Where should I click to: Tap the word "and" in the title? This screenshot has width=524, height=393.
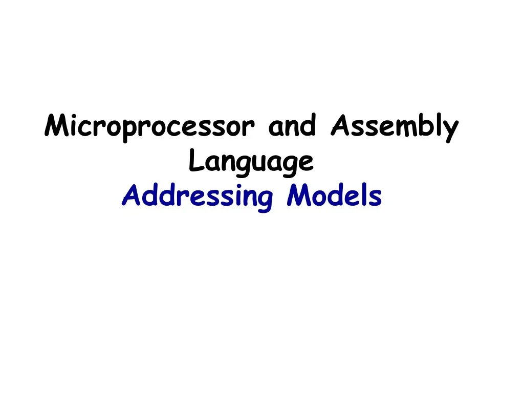292,126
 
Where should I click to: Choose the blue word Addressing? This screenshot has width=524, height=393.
197,197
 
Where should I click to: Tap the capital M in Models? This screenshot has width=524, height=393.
296,195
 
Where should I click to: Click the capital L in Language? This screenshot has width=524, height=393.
195,161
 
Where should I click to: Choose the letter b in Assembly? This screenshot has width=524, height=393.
423,126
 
